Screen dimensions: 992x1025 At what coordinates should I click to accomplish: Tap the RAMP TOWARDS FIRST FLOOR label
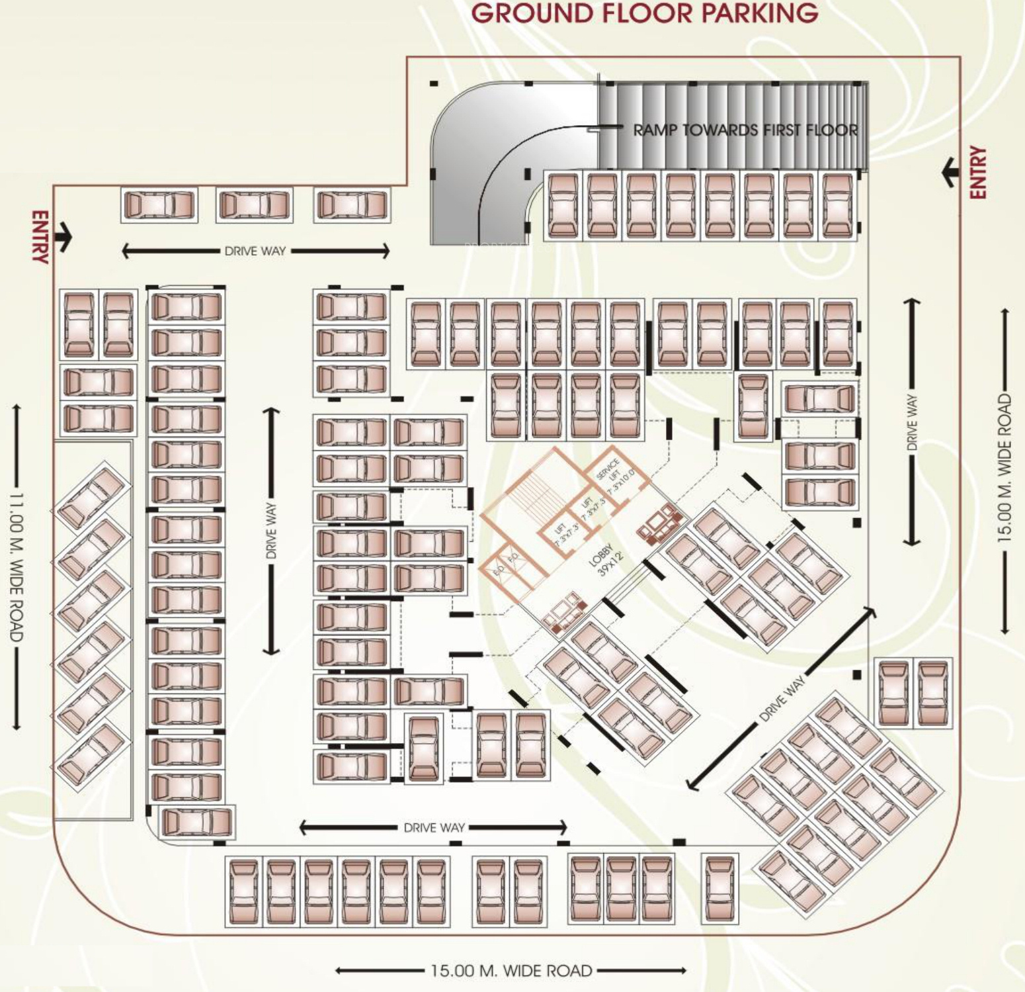(x=745, y=130)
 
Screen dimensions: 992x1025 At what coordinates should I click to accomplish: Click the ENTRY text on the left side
(x=40, y=238)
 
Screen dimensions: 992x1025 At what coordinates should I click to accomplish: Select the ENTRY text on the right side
(x=978, y=172)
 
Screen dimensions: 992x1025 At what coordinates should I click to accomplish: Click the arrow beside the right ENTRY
(x=950, y=172)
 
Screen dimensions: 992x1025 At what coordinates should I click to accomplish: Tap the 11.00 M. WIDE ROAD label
(x=17, y=566)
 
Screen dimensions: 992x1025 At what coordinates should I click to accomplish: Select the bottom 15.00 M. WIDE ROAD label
(x=511, y=971)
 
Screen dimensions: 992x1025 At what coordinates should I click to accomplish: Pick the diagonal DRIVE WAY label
(x=782, y=698)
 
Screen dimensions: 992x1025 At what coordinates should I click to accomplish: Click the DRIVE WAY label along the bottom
(x=434, y=827)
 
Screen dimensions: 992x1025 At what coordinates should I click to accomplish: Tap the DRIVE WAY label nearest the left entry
(x=255, y=251)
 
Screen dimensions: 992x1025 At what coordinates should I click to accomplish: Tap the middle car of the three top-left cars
(x=255, y=205)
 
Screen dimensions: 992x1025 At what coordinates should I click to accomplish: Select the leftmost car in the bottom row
(x=244, y=891)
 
